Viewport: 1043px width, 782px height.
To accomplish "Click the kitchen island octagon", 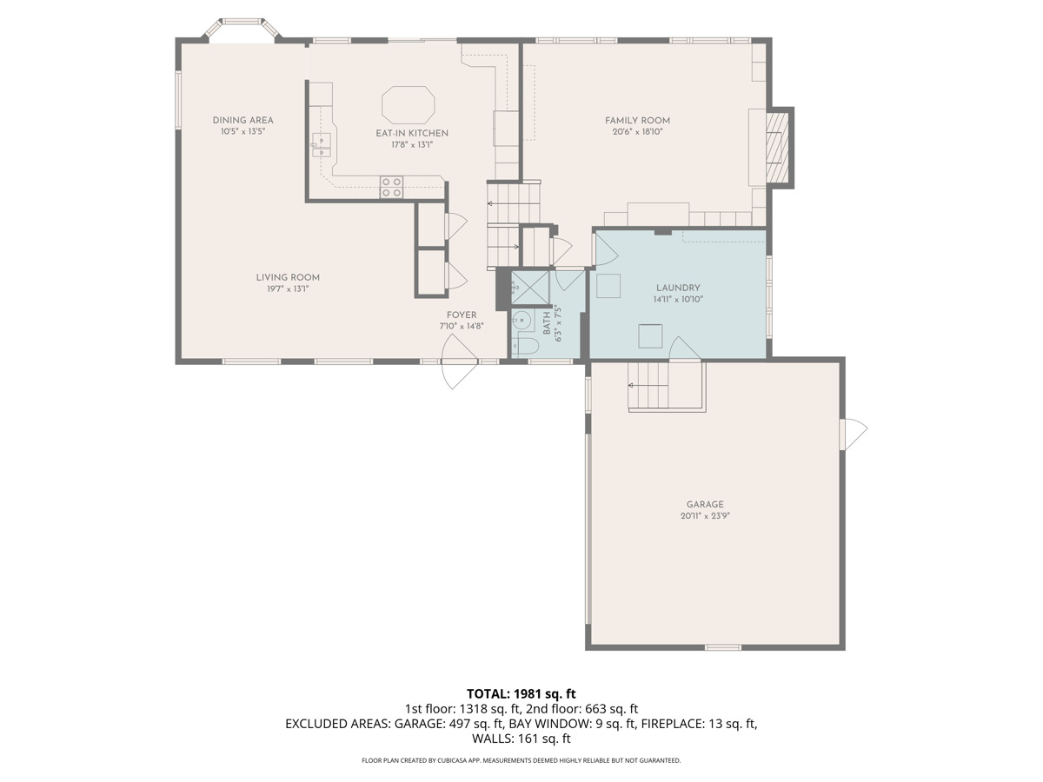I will [x=409, y=104].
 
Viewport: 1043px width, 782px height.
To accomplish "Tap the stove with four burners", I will [x=391, y=187].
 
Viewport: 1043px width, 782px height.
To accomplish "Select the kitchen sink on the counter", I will [x=322, y=144].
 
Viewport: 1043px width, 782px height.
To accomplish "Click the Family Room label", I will [x=637, y=121].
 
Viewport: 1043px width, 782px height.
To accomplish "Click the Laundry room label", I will [x=678, y=288].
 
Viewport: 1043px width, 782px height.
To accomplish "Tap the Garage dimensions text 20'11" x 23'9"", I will [x=704, y=515].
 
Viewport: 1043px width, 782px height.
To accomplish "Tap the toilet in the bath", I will [x=524, y=346].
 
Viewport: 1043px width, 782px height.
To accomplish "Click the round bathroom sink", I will [x=521, y=321].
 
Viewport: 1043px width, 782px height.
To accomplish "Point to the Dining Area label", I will [x=242, y=120].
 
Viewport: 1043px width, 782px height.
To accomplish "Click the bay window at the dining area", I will [x=242, y=28].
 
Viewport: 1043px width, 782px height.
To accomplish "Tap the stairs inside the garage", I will [x=665, y=387].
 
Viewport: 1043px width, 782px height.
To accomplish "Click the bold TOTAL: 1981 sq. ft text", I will [x=521, y=693].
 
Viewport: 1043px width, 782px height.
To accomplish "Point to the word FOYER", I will [x=461, y=315].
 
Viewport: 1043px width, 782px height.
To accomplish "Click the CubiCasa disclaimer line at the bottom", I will [x=521, y=760].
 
